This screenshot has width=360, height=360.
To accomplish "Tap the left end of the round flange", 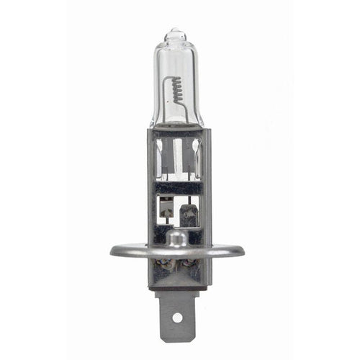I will [x=115, y=251].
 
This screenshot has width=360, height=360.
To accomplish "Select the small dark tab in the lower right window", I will [x=189, y=214].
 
